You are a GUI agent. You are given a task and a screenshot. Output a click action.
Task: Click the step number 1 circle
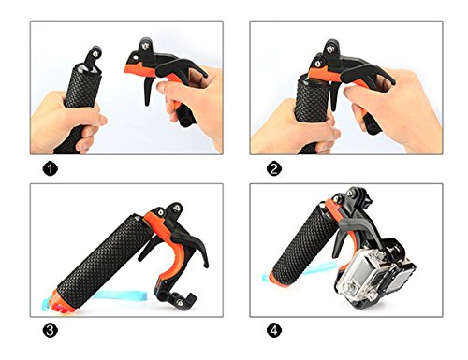(51, 169)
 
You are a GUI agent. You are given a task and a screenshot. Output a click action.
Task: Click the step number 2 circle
(274, 169)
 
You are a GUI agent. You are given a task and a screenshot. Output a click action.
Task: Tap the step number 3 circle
(51, 330)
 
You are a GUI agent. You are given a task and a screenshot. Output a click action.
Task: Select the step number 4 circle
(274, 330)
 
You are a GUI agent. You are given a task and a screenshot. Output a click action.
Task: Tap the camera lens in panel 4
(352, 289)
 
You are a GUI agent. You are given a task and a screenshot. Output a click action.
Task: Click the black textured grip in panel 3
(103, 259)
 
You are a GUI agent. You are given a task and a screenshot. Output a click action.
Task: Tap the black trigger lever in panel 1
(148, 91)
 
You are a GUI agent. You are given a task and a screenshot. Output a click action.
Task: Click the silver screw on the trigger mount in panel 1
(145, 46)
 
